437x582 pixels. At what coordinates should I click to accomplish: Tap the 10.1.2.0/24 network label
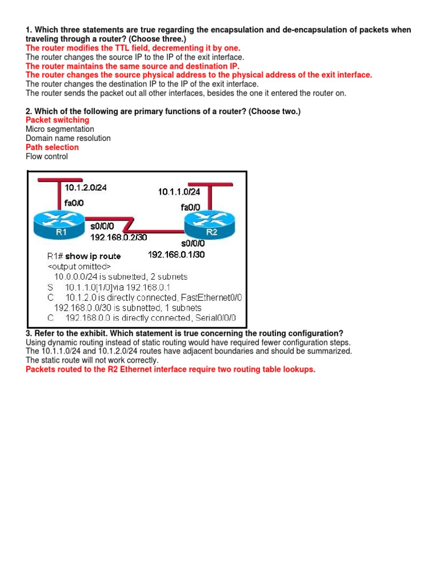(x=85, y=188)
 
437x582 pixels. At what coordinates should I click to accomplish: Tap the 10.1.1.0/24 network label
(x=180, y=192)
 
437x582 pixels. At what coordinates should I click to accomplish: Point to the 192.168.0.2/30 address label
(x=118, y=237)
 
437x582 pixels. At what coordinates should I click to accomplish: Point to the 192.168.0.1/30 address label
(x=176, y=255)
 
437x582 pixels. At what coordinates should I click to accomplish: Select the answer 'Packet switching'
(x=57, y=120)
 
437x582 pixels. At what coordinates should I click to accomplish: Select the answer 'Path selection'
(x=52, y=147)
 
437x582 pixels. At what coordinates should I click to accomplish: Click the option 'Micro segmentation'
(x=60, y=129)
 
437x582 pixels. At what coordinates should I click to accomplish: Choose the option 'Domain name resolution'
(x=68, y=138)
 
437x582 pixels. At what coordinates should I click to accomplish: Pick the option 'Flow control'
(x=47, y=156)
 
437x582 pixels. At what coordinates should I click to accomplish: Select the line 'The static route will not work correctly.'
(x=92, y=360)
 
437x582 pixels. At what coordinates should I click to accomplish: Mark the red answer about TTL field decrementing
(x=133, y=48)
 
